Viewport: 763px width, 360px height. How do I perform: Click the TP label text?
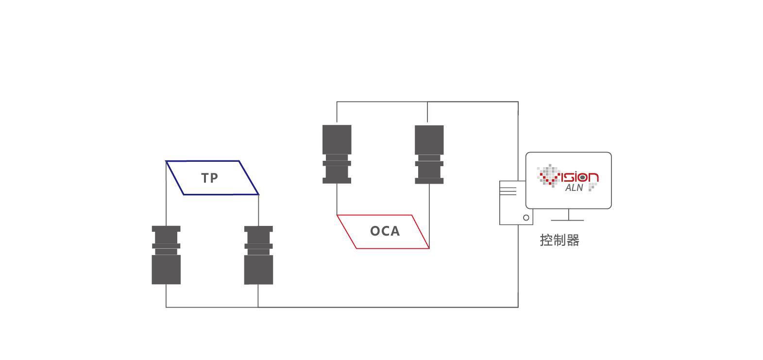(210, 178)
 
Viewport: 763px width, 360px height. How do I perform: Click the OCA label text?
(385, 231)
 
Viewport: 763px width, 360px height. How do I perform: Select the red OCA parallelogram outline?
(384, 248)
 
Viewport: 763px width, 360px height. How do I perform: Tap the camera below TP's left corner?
(166, 255)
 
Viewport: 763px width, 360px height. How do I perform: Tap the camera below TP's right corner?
(258, 255)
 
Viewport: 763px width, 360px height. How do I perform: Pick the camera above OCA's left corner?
(337, 154)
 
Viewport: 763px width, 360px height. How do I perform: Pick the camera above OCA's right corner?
(429, 154)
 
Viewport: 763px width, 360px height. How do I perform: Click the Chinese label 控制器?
(560, 240)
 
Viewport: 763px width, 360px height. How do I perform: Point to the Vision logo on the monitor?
(568, 176)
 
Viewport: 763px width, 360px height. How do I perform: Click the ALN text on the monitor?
(574, 188)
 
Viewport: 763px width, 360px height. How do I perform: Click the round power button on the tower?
(526, 218)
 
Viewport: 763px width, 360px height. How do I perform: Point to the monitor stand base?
(568, 220)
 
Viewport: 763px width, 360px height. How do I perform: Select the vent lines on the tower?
(508, 191)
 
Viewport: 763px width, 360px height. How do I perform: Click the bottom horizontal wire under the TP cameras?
(340, 307)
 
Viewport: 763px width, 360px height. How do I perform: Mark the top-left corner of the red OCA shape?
(337, 215)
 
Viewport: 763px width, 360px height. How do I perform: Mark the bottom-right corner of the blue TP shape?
(258, 194)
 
